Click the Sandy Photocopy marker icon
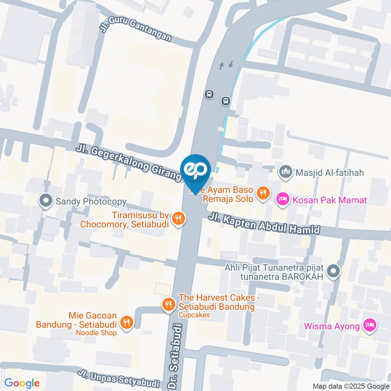tap(46, 200)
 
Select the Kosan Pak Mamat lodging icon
tap(282, 200)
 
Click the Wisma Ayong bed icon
tap(370, 325)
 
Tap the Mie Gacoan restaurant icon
tap(127, 323)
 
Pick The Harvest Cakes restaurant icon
tap(168, 304)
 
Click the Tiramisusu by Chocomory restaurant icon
tap(178, 219)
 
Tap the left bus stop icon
tap(209, 94)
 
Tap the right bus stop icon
tap(226, 100)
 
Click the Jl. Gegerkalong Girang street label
tap(128, 162)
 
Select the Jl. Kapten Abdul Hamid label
tap(264, 224)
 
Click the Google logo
tap(22, 383)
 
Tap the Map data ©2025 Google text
tap(351, 386)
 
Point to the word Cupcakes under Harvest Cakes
tap(194, 315)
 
